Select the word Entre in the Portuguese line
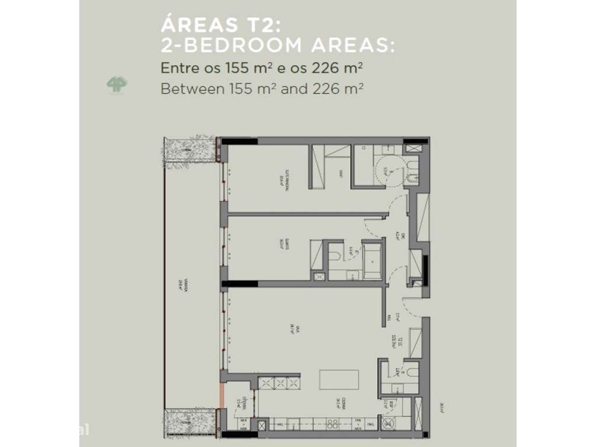pos(178,69)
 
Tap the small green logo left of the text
pos(117,84)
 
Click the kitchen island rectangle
pos(339,379)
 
